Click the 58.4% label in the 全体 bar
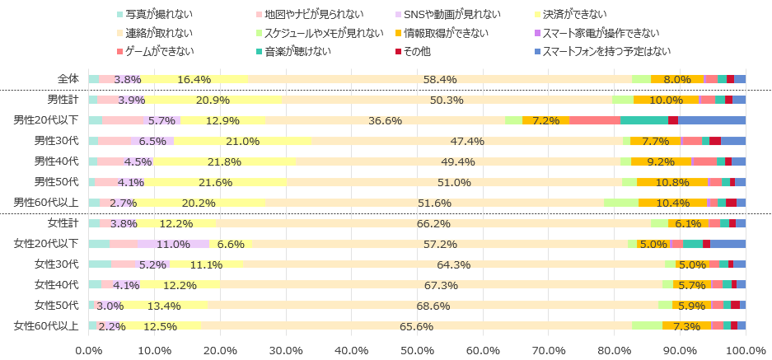(440, 79)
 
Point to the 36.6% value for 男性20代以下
(385, 120)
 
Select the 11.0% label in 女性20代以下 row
(173, 244)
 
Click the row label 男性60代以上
(45, 203)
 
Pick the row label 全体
(68, 79)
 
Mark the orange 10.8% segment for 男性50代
(672, 182)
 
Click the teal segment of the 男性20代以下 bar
(644, 120)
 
